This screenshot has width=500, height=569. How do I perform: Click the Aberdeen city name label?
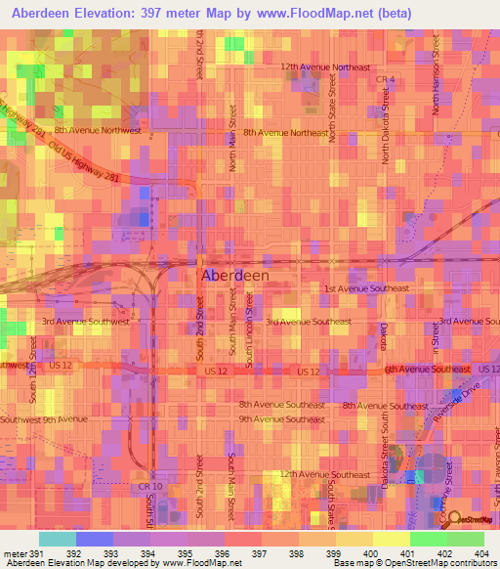click(x=234, y=276)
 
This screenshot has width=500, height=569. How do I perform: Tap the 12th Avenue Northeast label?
click(x=325, y=67)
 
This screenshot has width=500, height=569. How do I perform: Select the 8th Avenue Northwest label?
click(x=98, y=129)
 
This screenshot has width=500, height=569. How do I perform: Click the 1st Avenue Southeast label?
click(x=366, y=288)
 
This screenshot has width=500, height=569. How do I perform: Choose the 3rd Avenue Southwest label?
click(x=85, y=321)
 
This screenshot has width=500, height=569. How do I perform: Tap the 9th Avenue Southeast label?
click(x=281, y=418)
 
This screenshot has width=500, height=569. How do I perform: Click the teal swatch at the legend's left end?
click(x=58, y=539)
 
